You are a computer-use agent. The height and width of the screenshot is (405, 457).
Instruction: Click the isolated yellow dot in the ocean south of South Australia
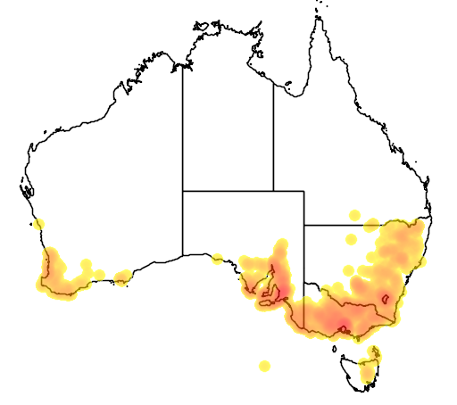point(264,366)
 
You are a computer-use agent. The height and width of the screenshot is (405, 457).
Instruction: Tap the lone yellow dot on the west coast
point(39,223)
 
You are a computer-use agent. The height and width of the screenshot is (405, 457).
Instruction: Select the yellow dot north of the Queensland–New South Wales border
point(354,215)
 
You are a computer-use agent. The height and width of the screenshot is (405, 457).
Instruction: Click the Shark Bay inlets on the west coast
point(27,189)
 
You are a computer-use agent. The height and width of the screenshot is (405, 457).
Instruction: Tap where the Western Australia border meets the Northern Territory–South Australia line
point(183,191)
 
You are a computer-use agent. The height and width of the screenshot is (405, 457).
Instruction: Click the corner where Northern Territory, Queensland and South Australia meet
point(273,191)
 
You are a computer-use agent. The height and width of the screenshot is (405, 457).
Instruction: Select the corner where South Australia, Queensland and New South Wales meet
point(304,225)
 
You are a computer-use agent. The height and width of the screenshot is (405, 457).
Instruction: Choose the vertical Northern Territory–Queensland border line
point(273,134)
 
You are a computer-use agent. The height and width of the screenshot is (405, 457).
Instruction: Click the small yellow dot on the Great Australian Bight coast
point(217,259)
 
